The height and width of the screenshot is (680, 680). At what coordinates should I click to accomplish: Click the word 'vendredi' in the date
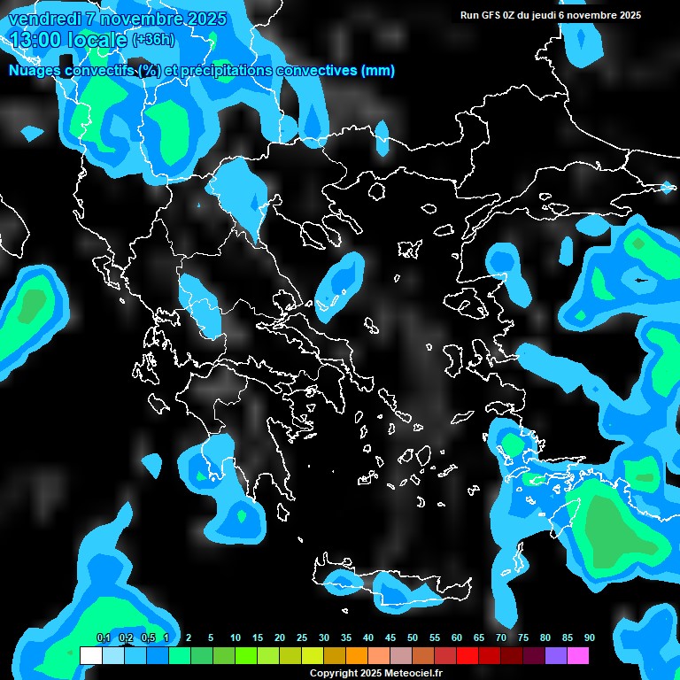coord(43,19)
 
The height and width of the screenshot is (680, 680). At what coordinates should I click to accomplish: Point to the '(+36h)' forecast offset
coord(153,40)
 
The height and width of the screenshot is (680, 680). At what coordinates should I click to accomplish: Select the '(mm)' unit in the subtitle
coord(378,71)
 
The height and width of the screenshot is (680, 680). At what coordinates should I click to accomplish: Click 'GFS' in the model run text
coord(492,15)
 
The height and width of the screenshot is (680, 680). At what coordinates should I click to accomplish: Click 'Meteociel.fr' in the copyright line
coord(413,674)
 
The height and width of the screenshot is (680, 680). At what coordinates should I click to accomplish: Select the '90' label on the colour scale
coord(590,637)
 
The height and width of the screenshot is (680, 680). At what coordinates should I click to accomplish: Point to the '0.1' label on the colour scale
coord(103,637)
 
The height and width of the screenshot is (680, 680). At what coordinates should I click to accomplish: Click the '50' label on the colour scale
coord(413,637)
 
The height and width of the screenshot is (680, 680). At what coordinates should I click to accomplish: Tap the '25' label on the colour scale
coord(302,637)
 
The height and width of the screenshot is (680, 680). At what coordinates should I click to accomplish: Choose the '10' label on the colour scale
coord(236,637)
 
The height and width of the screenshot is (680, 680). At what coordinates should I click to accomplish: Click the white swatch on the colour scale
coord(90,655)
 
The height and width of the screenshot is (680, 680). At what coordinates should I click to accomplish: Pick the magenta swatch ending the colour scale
coord(578,655)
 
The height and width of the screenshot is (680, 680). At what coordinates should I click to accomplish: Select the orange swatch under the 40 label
coord(357,655)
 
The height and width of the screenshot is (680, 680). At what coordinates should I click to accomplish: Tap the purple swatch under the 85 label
coord(556,655)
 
